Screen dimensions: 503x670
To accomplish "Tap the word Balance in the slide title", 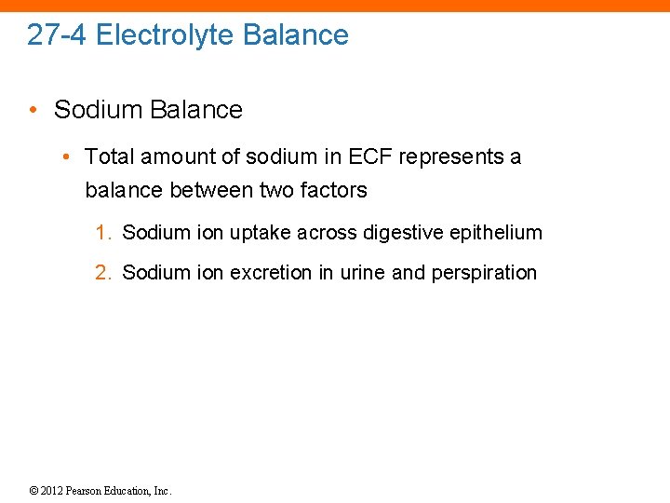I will click(296, 35).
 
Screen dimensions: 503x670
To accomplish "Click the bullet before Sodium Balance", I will click(33, 110).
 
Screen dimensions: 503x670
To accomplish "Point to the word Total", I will click(109, 156).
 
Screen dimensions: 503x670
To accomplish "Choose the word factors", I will click(333, 190).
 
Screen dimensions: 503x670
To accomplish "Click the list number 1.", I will click(103, 233).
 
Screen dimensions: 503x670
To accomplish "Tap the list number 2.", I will click(103, 273).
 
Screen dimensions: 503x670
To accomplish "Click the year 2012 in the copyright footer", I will click(53, 491).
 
